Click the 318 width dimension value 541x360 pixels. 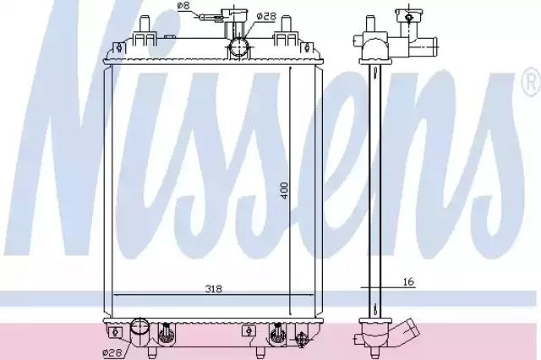[x=214, y=289]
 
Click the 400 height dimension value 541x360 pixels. [x=284, y=191]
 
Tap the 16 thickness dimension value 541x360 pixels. [x=408, y=281]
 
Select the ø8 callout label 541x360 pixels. [x=183, y=6]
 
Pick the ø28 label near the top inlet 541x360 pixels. [x=267, y=16]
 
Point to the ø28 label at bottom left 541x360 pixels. [x=112, y=352]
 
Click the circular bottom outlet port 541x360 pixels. [x=140, y=327]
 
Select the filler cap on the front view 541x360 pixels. [x=234, y=14]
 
